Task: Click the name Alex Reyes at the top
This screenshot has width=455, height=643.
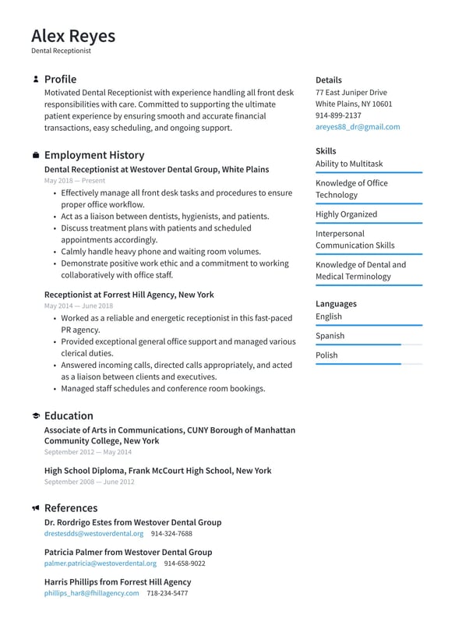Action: tap(73, 36)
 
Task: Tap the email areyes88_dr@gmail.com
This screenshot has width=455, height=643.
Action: tap(358, 126)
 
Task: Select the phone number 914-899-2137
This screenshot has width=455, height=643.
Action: tap(338, 115)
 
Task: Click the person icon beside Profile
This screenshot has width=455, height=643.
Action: tap(36, 79)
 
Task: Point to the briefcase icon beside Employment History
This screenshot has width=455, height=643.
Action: tap(36, 155)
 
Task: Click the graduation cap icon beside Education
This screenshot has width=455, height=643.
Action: tap(36, 416)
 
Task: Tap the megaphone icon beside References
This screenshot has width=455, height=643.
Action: tap(36, 508)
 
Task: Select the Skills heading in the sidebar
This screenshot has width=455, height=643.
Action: tap(326, 150)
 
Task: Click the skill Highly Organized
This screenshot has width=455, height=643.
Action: tap(346, 214)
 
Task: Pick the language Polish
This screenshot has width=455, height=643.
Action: tap(326, 355)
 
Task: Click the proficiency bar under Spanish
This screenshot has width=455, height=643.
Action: tap(369, 344)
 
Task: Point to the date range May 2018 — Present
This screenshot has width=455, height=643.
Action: tap(75, 180)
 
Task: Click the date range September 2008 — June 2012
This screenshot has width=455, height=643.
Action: tap(89, 482)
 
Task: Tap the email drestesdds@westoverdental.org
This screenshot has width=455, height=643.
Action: tap(93, 534)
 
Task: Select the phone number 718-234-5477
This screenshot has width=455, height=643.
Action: tap(167, 593)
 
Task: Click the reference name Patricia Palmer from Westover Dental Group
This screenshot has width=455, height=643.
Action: tap(128, 552)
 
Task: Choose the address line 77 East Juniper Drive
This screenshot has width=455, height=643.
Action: tap(351, 92)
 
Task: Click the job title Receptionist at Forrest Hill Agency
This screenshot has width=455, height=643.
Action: tap(129, 295)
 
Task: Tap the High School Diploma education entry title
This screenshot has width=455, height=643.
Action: tap(157, 471)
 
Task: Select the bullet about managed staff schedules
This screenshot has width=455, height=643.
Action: tap(163, 388)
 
